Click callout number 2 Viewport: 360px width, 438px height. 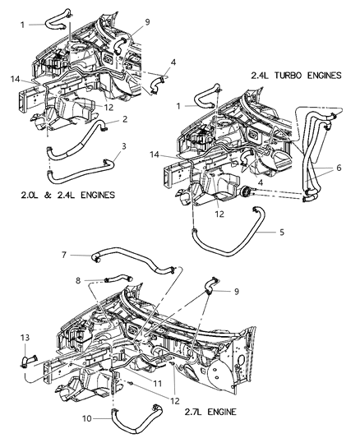point(125,119)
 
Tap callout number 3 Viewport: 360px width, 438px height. point(124,146)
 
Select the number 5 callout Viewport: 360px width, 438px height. point(282,232)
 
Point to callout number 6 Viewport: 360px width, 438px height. point(339,168)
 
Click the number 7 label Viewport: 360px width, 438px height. point(64,255)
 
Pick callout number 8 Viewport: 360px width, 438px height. point(78,280)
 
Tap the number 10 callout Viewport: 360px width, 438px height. point(87,418)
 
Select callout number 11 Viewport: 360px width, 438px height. point(158,384)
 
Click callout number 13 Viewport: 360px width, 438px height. point(25,338)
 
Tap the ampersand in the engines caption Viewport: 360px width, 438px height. point(48,195)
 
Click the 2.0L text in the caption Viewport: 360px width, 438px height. point(30,195)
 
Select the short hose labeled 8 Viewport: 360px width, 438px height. point(118,278)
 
